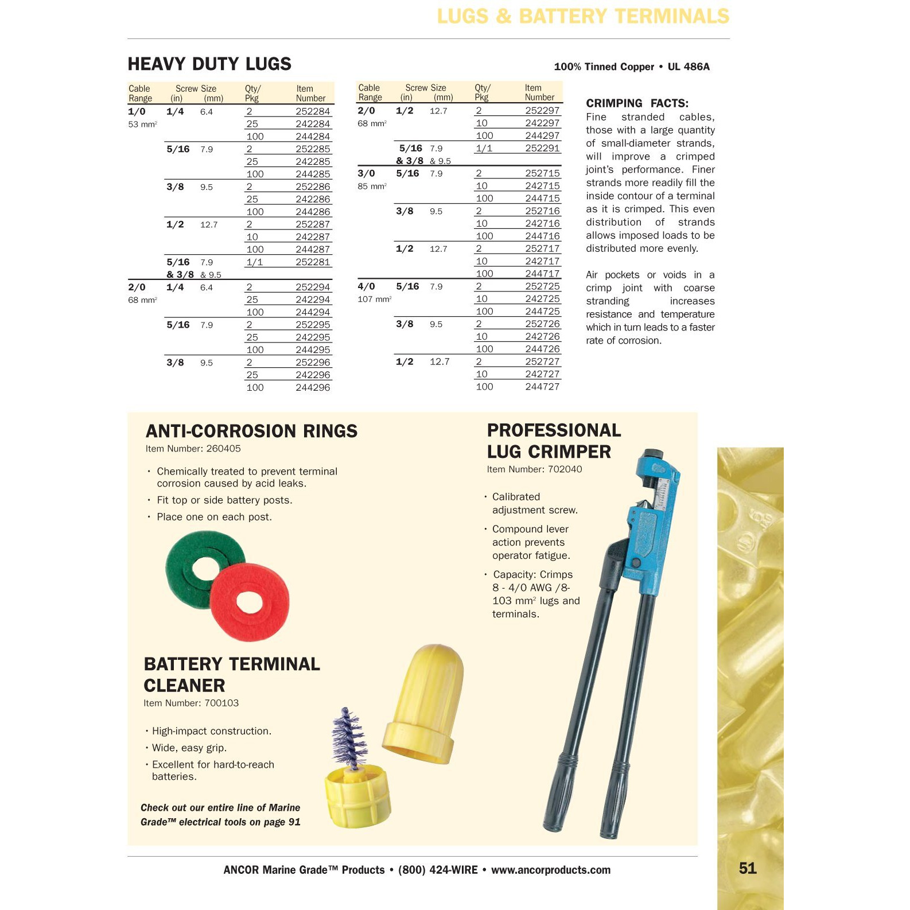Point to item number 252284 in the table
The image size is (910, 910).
coord(313,111)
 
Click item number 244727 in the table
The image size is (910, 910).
coord(542,387)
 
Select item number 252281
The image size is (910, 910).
coord(313,262)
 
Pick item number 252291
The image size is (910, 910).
coord(542,148)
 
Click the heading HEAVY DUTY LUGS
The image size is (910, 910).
coord(209,64)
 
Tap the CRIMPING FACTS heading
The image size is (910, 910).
coord(637,103)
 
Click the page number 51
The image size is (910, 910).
coord(748,868)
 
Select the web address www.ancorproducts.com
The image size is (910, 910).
coord(550,870)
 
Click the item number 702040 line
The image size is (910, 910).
coord(534,469)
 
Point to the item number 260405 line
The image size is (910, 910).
coord(193,449)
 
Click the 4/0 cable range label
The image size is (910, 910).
coord(366,286)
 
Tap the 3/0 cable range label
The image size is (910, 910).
coord(366,173)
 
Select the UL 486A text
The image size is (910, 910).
coord(689,67)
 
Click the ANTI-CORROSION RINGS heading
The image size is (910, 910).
coord(251,431)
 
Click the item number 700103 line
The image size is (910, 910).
coord(191,703)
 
